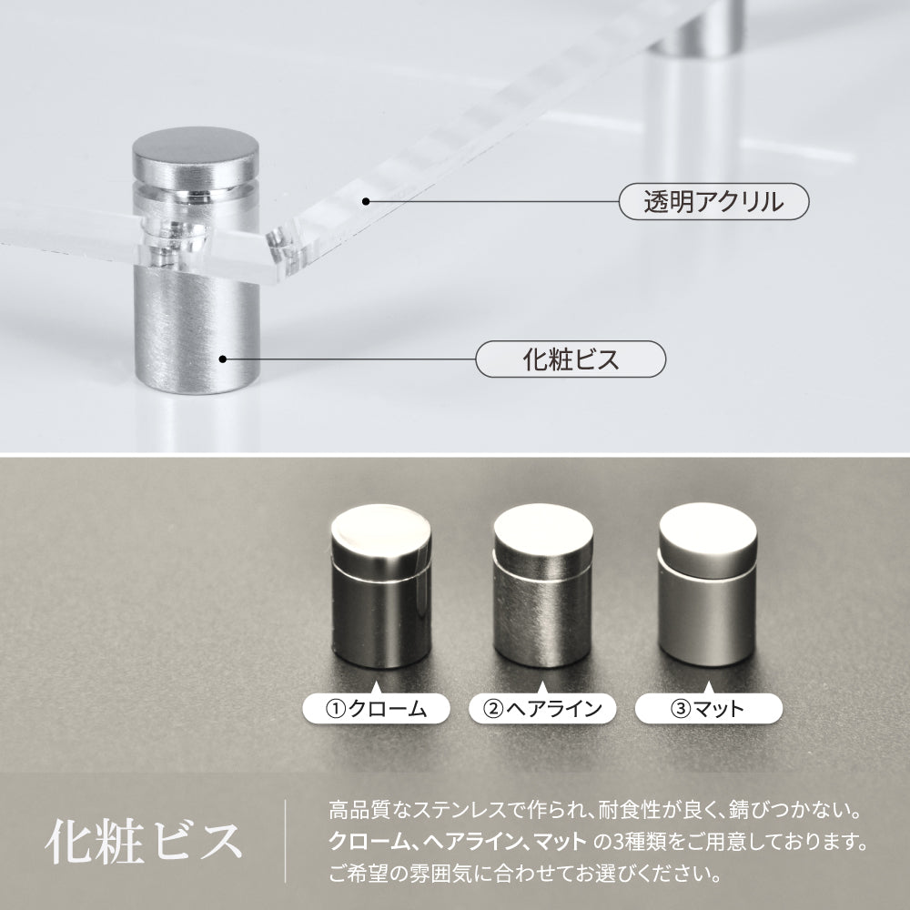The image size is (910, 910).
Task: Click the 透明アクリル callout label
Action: coord(713,201)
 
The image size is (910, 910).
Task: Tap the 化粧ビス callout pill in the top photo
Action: coord(571,359)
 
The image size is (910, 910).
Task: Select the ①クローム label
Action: coord(376,709)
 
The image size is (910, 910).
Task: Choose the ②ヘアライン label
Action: coord(542,709)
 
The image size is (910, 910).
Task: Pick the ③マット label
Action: coord(709,709)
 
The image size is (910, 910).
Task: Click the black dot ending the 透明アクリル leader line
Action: coord(366,201)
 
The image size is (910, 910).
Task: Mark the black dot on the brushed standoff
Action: coord(222,359)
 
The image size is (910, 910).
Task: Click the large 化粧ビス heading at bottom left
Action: coord(144,842)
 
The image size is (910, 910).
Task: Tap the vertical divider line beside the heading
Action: coord(285,841)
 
